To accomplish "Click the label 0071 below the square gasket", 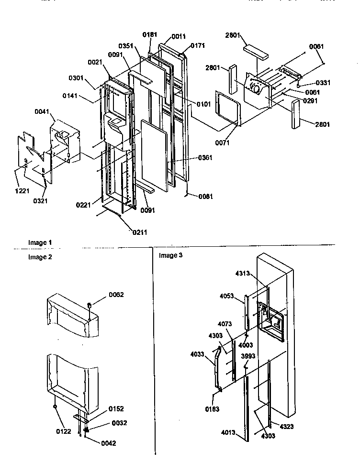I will [222, 143].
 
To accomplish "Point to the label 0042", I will [108, 443].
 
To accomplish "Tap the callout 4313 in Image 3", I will [243, 274].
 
